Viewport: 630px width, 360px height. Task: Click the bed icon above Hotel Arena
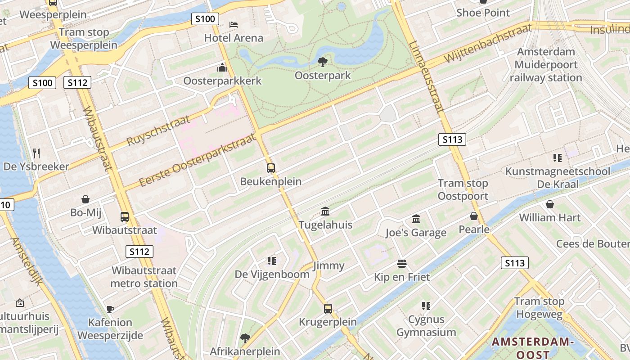coord(233,24)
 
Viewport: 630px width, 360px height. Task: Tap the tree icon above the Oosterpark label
coord(322,62)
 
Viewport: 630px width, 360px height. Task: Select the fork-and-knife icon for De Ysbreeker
coord(36,153)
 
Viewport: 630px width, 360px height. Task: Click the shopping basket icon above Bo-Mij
coord(85,199)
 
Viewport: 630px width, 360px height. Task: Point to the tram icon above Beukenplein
coord(270,168)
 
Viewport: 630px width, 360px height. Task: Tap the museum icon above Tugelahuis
coord(325,211)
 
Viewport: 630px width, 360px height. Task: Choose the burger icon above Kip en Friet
coord(402,263)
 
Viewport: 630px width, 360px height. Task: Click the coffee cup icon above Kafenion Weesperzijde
coord(110,309)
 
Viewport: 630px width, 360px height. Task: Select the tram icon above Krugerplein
coord(328,309)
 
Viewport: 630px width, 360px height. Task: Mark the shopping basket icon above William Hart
coord(549,204)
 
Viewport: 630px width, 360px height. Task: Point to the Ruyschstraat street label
coord(158,130)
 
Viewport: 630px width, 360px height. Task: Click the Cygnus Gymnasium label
coord(426,326)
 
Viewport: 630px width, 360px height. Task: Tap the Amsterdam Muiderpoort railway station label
coord(546,65)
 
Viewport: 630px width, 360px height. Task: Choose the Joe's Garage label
coord(416,233)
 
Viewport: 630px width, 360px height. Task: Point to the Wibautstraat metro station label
coord(144,277)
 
